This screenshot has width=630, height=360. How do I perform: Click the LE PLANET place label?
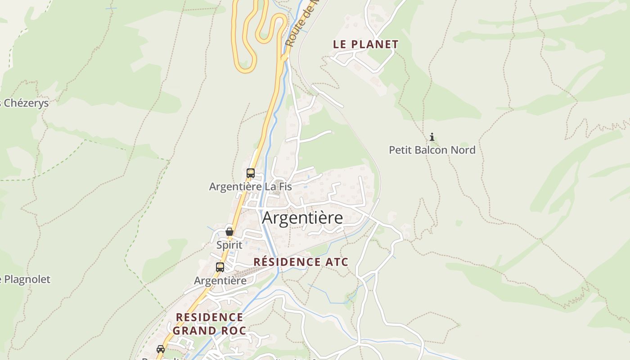pos(365,44)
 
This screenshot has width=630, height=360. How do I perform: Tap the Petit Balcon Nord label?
pos(432,150)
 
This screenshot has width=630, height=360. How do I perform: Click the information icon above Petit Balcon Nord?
pos(432,137)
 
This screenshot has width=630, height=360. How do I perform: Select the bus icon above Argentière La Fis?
pos(251,173)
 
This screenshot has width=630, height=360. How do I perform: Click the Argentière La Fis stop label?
pos(250,186)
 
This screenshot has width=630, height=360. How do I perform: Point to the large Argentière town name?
pos(302,218)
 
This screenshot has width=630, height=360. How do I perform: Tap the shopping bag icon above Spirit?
pos(229,232)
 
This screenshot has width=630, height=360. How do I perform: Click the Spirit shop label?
pos(229,245)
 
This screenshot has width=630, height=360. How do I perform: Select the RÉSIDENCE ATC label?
pos(301,262)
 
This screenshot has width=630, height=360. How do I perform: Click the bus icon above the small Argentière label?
pos(220,267)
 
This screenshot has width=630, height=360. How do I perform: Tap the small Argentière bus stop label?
pos(220,281)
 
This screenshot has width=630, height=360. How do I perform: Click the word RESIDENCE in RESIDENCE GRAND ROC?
pos(209,317)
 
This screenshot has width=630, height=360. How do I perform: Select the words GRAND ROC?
pos(209,331)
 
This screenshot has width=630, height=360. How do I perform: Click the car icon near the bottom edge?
pos(161,349)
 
